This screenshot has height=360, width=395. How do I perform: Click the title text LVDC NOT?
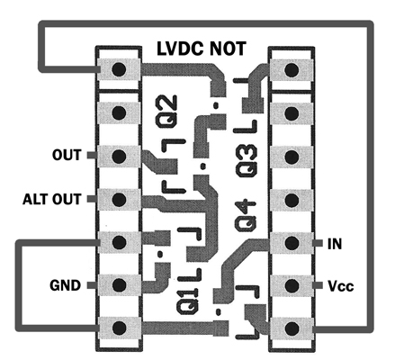pyautogui.click(x=202, y=49)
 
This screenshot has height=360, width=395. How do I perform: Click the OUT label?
pyautogui.click(x=67, y=155)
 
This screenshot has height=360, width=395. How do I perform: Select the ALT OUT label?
pyautogui.click(x=52, y=199)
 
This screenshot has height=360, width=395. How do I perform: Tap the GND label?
pyautogui.click(x=65, y=285)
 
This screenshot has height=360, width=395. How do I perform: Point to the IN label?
pyautogui.click(x=335, y=244)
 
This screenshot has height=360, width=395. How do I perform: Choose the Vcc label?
pyautogui.click(x=340, y=286)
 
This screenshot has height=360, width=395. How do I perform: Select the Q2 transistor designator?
pyautogui.click(x=166, y=111)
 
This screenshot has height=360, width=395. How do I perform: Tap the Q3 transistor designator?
pyautogui.click(x=247, y=160)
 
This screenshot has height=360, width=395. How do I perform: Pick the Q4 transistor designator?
pyautogui.click(x=247, y=215)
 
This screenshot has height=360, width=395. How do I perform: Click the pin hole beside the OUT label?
pyautogui.click(x=119, y=156)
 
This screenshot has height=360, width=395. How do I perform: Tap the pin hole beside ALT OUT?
pyautogui.click(x=119, y=199)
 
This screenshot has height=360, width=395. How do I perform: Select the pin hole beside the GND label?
pyautogui.click(x=119, y=284)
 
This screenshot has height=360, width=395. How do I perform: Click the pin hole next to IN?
pyautogui.click(x=292, y=243)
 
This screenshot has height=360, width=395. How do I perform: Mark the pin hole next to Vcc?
pyautogui.click(x=292, y=286)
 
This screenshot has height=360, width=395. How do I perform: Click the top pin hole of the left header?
pyautogui.click(x=119, y=69)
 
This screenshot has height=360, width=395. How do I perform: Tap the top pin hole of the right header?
pyautogui.click(x=292, y=70)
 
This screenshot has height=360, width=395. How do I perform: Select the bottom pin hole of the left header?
pyautogui.click(x=119, y=327)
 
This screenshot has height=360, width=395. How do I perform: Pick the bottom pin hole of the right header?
pyautogui.click(x=292, y=328)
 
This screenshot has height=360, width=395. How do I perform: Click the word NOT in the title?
pyautogui.click(x=228, y=49)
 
